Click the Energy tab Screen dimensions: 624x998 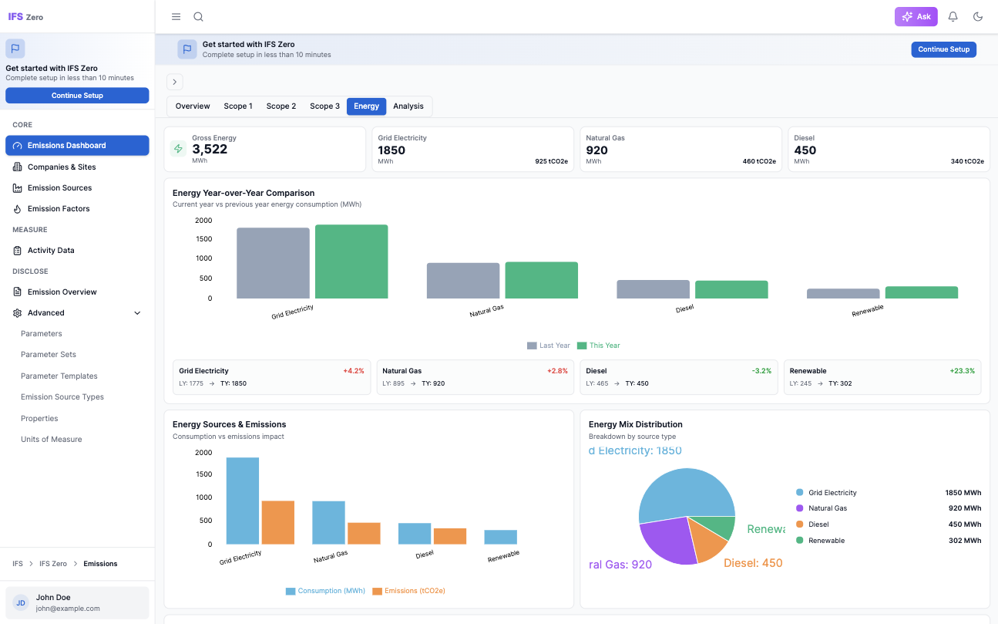coord(366,106)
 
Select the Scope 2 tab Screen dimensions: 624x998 coord(281,106)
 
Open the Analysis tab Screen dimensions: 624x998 coord(408,106)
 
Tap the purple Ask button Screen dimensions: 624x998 coord(916,17)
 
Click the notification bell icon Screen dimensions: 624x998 coord(953,17)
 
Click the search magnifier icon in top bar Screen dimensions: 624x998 coord(198,17)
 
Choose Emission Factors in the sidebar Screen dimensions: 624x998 coord(59,209)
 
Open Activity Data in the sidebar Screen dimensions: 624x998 coord(51,251)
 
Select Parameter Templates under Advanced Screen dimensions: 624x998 coord(59,376)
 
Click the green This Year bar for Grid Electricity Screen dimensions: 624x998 coord(351,261)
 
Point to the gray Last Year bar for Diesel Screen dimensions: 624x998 coord(653,289)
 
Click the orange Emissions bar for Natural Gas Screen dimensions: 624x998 coord(364,534)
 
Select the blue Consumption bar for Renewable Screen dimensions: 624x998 coord(500,537)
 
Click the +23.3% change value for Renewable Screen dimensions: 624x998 coord(962,371)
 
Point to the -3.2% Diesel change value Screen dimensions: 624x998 coord(761,371)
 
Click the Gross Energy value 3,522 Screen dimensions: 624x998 coord(210,150)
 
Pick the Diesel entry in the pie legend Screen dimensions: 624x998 coord(818,524)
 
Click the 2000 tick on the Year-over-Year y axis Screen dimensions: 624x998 coord(203,221)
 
